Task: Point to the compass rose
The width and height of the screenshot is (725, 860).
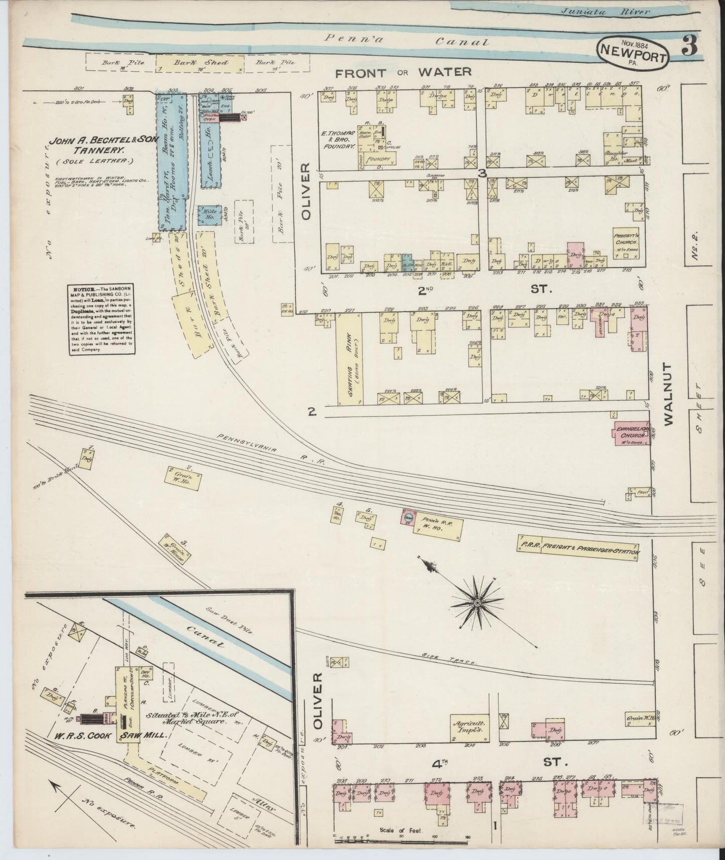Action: point(477,602)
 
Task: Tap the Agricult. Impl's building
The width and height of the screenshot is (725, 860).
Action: point(470,728)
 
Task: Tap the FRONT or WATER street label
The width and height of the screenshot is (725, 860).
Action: point(403,72)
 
